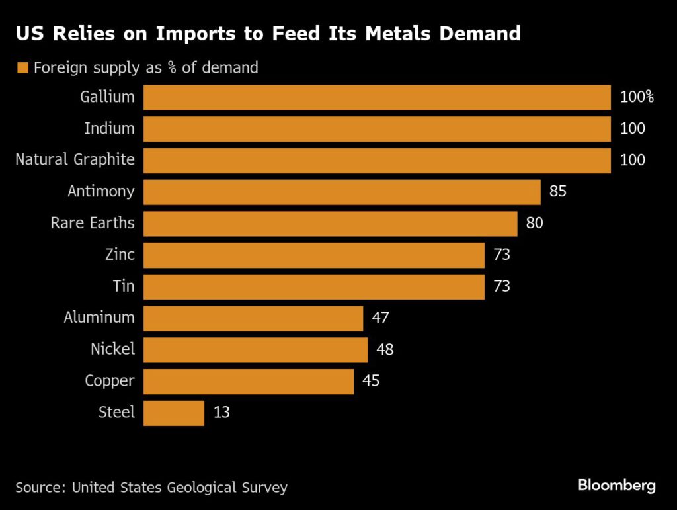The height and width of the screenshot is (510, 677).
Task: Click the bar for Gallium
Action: click(x=377, y=97)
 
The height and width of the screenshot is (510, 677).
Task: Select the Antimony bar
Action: click(x=342, y=192)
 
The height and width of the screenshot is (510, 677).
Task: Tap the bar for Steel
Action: click(x=174, y=413)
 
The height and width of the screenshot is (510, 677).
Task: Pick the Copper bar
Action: click(x=249, y=381)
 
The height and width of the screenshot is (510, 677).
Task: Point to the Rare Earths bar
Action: click(x=330, y=224)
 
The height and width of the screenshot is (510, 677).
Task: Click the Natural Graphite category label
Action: click(x=75, y=159)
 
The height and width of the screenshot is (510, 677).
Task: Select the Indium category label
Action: click(x=109, y=128)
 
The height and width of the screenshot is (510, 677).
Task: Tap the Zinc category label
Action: click(x=120, y=255)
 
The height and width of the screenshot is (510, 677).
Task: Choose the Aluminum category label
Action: click(x=99, y=318)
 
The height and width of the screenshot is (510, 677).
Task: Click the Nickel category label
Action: click(x=112, y=349)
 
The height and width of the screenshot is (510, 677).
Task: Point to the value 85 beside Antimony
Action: click(x=558, y=192)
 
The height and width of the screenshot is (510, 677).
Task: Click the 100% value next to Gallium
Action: click(x=637, y=97)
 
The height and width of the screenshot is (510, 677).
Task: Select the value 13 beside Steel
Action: click(x=221, y=413)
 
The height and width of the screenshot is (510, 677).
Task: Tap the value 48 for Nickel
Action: click(x=384, y=349)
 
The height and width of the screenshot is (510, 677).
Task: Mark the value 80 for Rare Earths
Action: click(x=534, y=224)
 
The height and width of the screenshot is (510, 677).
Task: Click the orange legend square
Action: click(x=22, y=68)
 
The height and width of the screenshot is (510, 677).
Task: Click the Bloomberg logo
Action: click(x=617, y=486)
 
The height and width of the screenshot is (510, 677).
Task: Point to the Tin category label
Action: click(x=124, y=286)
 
